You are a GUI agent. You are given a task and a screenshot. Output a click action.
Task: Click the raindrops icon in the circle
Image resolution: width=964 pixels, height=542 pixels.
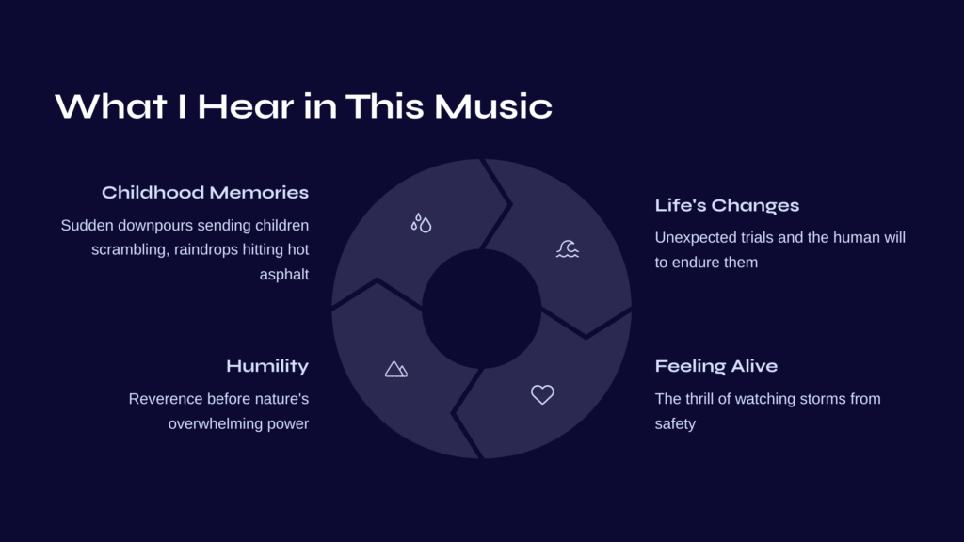coord(421,223)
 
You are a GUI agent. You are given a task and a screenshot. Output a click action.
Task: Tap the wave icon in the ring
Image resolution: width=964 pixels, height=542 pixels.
coord(568,248)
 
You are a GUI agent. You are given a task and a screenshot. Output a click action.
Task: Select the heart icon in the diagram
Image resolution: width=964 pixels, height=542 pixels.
coord(542,394)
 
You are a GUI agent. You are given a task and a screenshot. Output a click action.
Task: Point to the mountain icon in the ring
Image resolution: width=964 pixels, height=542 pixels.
coord(396,369)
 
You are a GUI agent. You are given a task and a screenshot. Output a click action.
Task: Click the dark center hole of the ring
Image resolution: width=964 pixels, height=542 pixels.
coord(481,309)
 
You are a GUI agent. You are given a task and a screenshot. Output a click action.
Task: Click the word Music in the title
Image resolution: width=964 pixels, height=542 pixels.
coord(493,106)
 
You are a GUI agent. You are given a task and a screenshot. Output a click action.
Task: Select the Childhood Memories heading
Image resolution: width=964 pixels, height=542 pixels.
coord(205,192)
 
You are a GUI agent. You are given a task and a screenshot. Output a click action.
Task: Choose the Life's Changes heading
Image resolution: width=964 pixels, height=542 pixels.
coord(727,205)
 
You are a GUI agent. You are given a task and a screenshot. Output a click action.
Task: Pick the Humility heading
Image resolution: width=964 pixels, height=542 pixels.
coord(267,366)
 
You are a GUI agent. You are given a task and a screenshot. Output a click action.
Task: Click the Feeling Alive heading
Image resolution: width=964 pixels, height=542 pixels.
coord(716,366)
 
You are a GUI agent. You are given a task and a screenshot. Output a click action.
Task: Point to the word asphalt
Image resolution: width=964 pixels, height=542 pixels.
coord(284,274)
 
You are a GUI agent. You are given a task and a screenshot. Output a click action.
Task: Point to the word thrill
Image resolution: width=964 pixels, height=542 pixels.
coord(700,399)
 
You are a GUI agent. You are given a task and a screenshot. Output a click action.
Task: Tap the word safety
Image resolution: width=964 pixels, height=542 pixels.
coord(675,424)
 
